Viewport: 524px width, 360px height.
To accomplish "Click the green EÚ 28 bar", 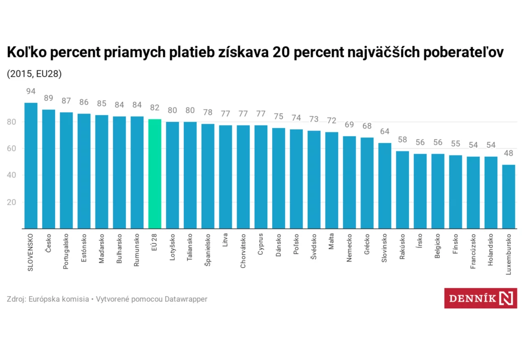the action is click(x=155, y=174).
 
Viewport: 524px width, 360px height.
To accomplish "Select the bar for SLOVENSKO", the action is click(x=31, y=166).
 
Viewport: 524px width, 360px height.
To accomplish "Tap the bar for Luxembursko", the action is click(x=509, y=196).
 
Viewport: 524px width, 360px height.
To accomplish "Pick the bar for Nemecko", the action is click(x=349, y=183).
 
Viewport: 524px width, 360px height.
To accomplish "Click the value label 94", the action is click(x=31, y=91).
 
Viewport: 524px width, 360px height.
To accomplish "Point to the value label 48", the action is click(x=509, y=153).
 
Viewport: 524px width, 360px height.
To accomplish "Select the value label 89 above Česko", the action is click(x=49, y=98).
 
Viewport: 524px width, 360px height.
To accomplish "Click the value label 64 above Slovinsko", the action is click(x=385, y=131).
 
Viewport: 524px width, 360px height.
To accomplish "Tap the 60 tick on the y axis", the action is click(x=11, y=149).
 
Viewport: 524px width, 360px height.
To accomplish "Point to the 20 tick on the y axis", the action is click(x=11, y=202).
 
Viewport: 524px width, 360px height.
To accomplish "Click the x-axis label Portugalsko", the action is click(x=66, y=251).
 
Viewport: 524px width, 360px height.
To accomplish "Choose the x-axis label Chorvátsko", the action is click(x=243, y=251).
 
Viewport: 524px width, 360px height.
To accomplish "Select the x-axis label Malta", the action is click(x=331, y=241).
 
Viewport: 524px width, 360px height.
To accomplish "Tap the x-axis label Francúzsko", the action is click(x=473, y=251).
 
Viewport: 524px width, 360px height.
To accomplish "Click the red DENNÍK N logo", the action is click(x=480, y=298).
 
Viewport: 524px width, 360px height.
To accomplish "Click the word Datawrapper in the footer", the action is click(x=186, y=299).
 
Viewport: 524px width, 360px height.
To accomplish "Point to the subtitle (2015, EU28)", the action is click(x=34, y=74).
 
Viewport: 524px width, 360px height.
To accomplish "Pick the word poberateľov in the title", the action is click(x=463, y=52).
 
